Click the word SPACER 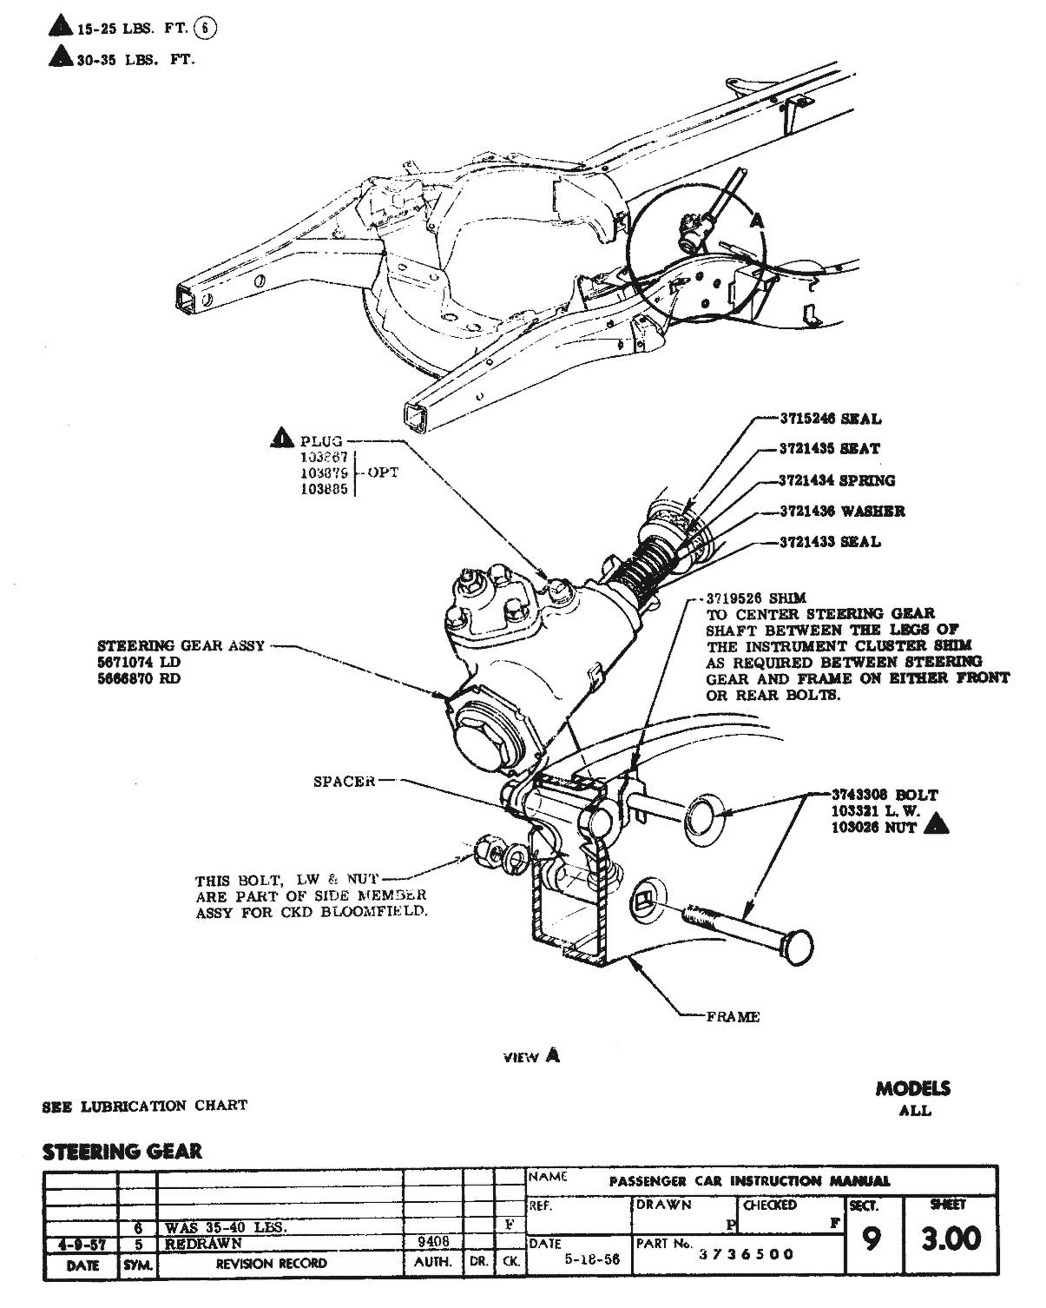345,781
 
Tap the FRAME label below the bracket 733,1016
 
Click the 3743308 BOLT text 885,794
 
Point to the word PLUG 321,441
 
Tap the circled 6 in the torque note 205,29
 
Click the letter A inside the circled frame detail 756,221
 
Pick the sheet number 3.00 951,1239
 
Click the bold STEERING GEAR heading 122,1152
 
